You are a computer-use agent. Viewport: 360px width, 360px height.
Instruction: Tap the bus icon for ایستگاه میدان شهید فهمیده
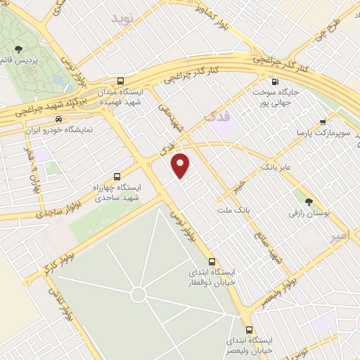122,80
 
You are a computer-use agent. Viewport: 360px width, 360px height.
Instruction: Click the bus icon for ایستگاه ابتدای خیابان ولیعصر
248,329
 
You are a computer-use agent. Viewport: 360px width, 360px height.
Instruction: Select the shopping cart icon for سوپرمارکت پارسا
323,121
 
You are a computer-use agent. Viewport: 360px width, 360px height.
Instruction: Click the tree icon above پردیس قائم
18,49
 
